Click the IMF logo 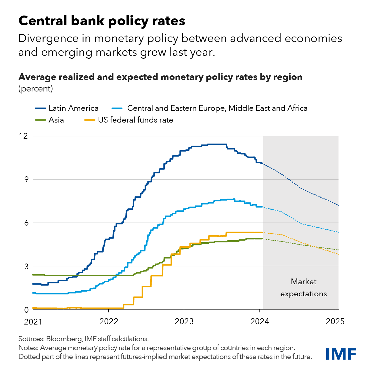point(341,354)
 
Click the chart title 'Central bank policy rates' point(102,21)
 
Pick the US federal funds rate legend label point(135,120)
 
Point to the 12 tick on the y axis point(24,136)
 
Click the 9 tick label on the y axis point(26,179)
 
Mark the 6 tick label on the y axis point(26,223)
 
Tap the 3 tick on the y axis point(26,266)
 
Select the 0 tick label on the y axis point(26,310)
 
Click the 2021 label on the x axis point(33,321)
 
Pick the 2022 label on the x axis point(109,321)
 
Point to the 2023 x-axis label point(184,321)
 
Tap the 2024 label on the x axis point(260,321)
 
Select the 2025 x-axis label point(335,321)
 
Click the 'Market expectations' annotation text point(304,288)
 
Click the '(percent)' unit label point(36,89)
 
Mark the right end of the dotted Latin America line point(338,205)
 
